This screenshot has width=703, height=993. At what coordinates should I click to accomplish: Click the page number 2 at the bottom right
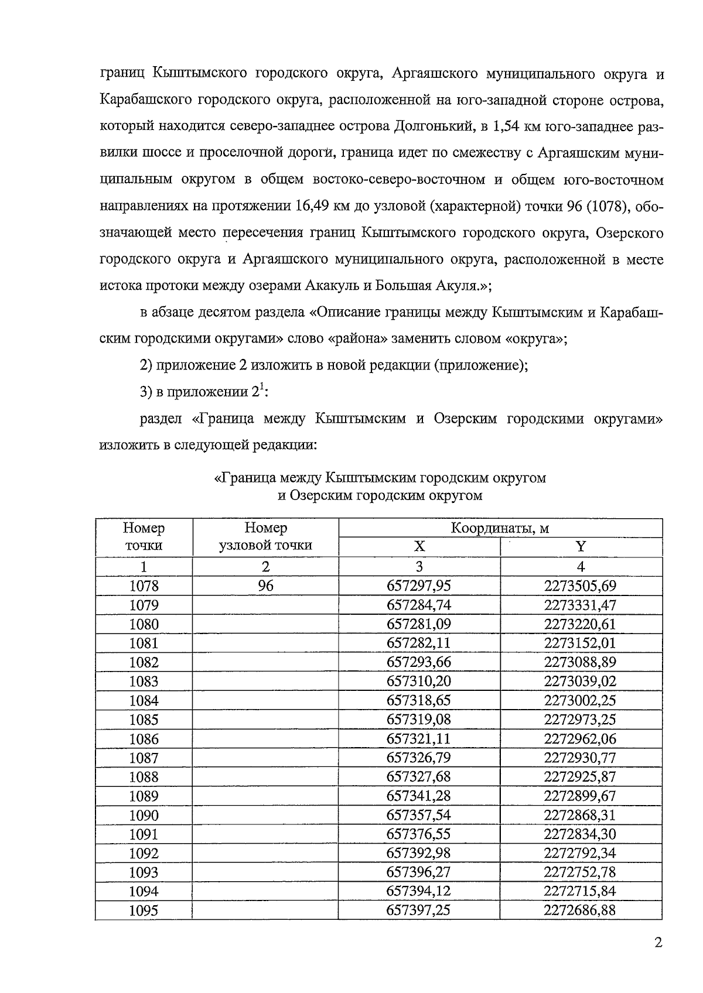coord(658,943)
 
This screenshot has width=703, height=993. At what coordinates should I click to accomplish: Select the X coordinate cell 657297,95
coord(419,586)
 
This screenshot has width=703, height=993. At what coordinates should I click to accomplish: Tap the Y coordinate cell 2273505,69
coord(580,586)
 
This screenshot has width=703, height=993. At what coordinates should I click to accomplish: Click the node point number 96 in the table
coord(265,586)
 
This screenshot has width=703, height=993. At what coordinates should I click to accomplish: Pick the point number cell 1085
coord(144,720)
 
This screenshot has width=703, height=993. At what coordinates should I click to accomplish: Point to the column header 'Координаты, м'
coord(500,528)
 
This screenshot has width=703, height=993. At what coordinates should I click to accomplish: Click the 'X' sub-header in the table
coord(419,547)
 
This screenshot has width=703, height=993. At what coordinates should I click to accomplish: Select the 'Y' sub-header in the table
coord(581,547)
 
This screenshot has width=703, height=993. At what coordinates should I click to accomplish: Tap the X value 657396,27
coord(419,872)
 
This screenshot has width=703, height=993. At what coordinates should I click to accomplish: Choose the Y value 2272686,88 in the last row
coord(580,910)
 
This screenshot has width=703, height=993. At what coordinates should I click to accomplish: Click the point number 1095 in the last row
coord(144,910)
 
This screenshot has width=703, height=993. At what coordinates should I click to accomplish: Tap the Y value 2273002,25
coord(580,701)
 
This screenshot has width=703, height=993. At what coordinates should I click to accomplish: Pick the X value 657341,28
coord(419,796)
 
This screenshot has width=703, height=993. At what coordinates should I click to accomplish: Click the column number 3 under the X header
coord(419,567)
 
